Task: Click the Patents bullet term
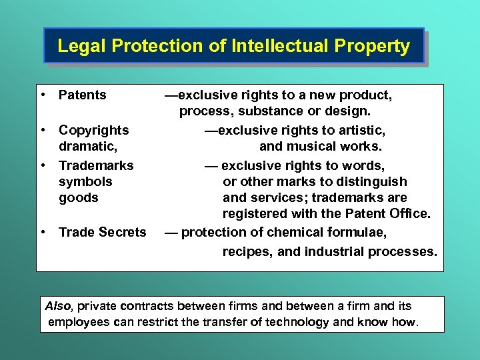click(x=83, y=95)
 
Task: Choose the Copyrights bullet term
click(x=94, y=129)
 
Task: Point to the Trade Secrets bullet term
click(x=103, y=232)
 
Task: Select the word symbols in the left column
click(x=85, y=181)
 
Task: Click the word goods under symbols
click(x=79, y=197)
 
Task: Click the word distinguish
click(x=373, y=181)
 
